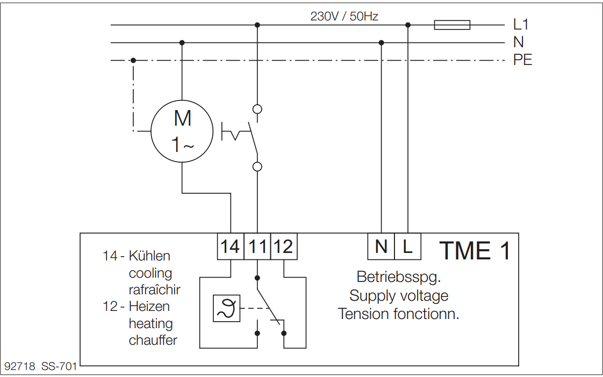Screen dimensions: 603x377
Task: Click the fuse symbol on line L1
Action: (x=452, y=25)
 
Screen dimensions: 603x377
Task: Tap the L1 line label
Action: (x=521, y=24)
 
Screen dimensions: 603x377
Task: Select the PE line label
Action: (x=522, y=60)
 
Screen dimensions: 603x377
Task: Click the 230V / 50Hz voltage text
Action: (x=344, y=16)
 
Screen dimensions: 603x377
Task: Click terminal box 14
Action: (x=231, y=247)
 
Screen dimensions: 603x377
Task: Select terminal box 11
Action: (x=257, y=247)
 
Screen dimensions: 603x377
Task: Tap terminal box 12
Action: (x=284, y=247)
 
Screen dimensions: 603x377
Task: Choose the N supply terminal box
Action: (x=381, y=247)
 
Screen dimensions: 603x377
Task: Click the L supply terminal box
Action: (x=407, y=247)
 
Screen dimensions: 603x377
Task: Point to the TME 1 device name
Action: (x=475, y=251)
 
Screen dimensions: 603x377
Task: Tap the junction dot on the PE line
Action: (x=133, y=60)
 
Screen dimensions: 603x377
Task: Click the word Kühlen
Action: (x=149, y=256)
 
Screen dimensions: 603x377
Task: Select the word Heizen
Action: (x=149, y=306)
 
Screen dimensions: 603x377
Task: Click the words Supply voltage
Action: (x=399, y=296)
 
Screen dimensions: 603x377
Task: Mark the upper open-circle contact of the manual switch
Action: (x=257, y=109)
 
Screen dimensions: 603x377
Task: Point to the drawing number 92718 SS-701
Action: (x=41, y=366)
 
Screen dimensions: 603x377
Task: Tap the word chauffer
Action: (x=153, y=340)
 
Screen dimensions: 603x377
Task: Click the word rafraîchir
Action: (x=155, y=289)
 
